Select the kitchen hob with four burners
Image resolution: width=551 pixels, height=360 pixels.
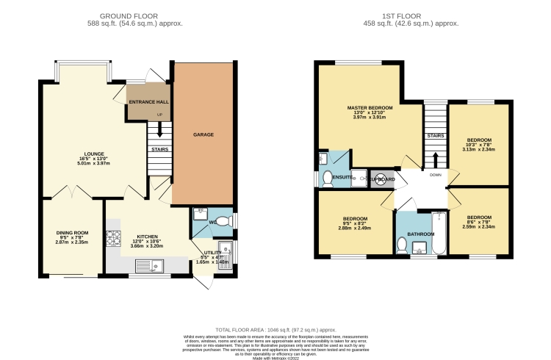point(115,238)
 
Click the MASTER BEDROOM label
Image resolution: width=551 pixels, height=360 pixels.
point(370,108)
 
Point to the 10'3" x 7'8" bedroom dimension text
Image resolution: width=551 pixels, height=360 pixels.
point(479,145)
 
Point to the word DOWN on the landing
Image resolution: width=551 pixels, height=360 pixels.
point(435,176)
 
